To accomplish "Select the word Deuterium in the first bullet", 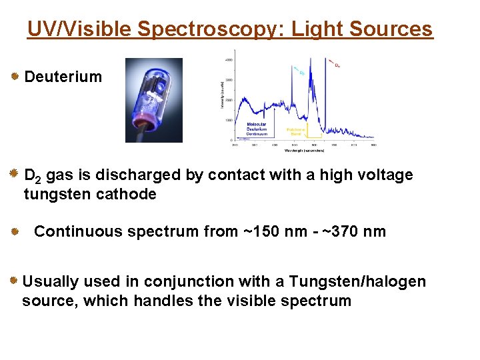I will click(x=63, y=77).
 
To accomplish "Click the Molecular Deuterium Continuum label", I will click(x=257, y=129).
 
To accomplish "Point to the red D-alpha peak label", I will click(x=337, y=65).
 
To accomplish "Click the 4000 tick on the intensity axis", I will click(x=229, y=60).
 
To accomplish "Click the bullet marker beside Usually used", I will click(x=13, y=281).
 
